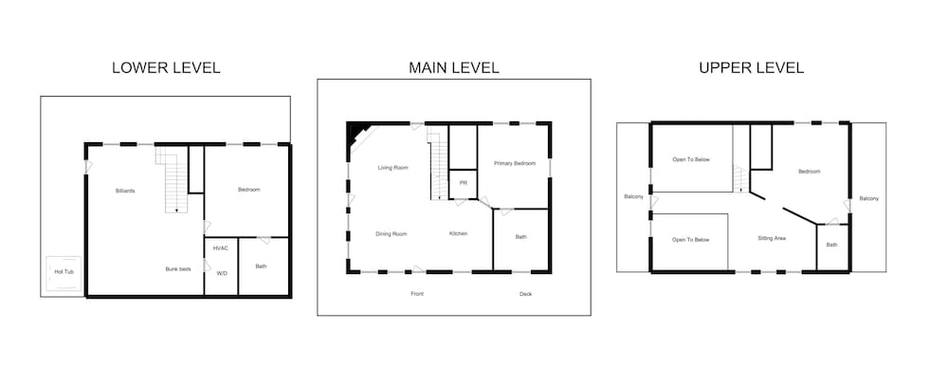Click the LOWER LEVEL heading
166,67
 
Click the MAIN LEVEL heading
454,67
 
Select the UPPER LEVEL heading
752,67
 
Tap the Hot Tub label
64,272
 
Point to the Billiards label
125,191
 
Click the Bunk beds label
178,269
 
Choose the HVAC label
221,248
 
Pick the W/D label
222,273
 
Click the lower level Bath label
262,266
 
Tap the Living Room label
393,168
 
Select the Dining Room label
392,234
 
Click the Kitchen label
458,233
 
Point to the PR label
464,183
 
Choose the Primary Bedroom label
515,163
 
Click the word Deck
525,294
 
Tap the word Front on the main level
417,294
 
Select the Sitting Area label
772,238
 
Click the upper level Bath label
832,245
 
